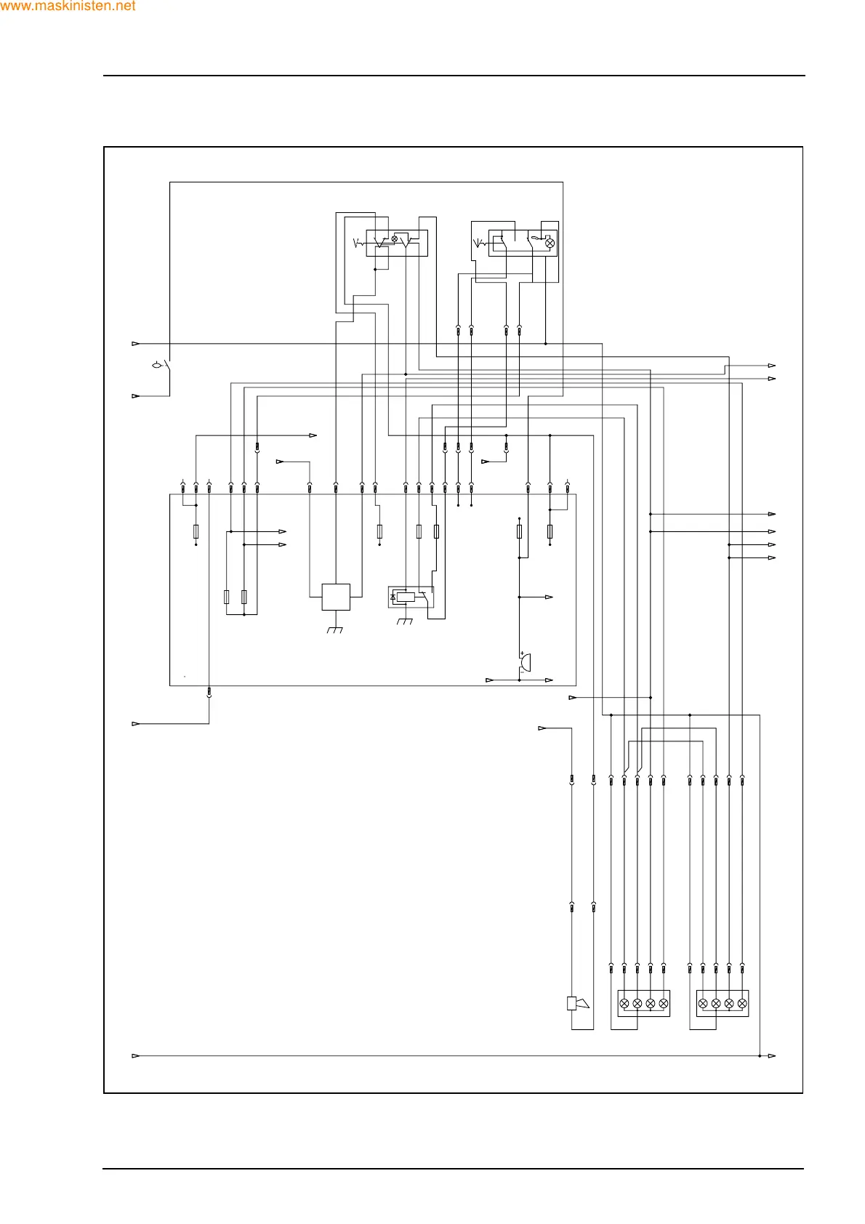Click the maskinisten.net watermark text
pos(68,7)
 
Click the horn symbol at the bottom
pos(577,1004)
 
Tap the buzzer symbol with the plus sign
pos(525,663)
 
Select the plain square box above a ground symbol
pos(336,597)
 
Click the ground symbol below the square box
pos(335,629)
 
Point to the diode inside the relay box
pos(393,597)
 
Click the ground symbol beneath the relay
pos(405,621)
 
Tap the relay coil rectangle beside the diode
pos(406,597)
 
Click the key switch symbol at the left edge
pos(158,365)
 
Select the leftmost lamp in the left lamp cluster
pos(624,1003)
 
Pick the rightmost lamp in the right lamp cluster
pos(742,1003)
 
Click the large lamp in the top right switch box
pos(550,243)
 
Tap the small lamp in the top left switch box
pos(395,238)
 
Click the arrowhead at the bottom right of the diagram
pos(772,1055)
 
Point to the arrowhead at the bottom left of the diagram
pos(136,1055)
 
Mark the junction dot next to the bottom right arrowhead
pos(760,1055)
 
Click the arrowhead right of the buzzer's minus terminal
pos(549,680)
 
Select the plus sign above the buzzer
pos(522,654)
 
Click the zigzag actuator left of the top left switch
pos(358,243)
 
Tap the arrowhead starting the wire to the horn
pos(542,728)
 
